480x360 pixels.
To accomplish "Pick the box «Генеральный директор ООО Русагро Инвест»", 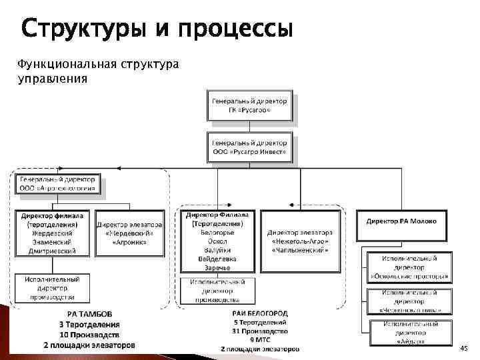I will click(x=249, y=147).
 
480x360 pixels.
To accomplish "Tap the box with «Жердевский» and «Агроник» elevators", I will click(x=129, y=229).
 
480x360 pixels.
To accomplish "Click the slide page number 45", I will click(x=464, y=348).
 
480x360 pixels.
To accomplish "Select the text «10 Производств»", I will click(x=89, y=334).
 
